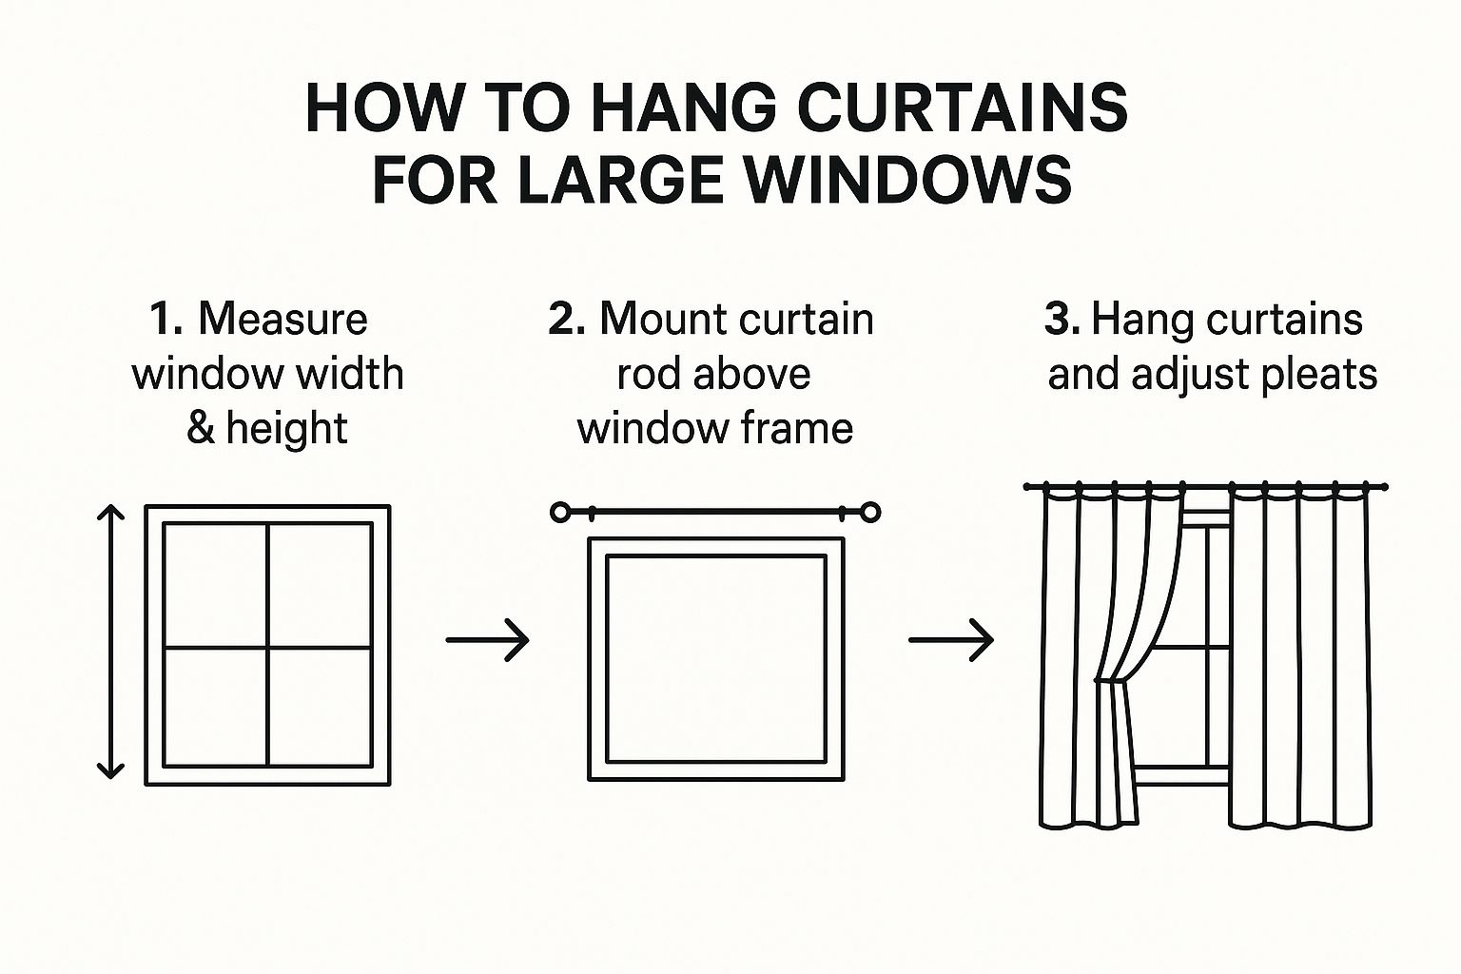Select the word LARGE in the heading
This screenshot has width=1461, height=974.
pyautogui.click(x=623, y=180)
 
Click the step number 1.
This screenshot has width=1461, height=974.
pyautogui.click(x=165, y=319)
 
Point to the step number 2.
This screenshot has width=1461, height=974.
pyautogui.click(x=567, y=319)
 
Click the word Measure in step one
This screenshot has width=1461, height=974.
pyautogui.click(x=282, y=319)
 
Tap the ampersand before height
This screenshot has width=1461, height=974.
pyautogui.click(x=201, y=428)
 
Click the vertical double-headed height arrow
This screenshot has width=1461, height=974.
pyautogui.click(x=110, y=641)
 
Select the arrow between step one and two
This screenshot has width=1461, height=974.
pyautogui.click(x=487, y=640)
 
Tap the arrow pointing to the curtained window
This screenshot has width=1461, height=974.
pyautogui.click(x=951, y=640)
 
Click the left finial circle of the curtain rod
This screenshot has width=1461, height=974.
pyautogui.click(x=560, y=512)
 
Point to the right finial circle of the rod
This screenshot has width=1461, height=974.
pyautogui.click(x=870, y=513)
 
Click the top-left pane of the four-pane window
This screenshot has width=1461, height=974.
pyautogui.click(x=215, y=585)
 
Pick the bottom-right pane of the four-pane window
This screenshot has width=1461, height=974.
pyautogui.click(x=320, y=707)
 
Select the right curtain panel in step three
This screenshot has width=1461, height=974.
pyautogui.click(x=1300, y=656)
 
